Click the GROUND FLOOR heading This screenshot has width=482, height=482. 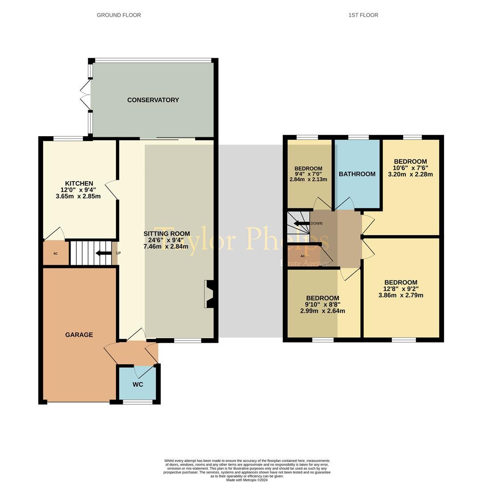[119, 15]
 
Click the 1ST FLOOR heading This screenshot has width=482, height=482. [363, 15]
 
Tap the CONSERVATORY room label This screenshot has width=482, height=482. [153, 100]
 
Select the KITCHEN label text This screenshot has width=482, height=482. [79, 183]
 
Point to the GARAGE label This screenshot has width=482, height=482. [79, 335]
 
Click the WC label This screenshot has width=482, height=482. [138, 385]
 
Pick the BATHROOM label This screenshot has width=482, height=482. [357, 174]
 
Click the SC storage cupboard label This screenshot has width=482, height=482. [56, 253]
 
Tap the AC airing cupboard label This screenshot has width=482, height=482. [303, 256]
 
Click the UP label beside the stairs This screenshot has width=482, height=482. [118, 253]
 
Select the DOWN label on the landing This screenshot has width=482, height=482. [316, 223]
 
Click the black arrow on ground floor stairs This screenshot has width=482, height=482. [103, 253]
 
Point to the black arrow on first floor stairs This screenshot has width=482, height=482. [301, 223]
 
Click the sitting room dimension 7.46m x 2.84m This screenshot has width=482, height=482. [166, 246]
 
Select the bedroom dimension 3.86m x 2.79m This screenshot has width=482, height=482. [401, 295]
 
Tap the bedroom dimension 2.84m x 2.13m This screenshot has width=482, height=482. [308, 179]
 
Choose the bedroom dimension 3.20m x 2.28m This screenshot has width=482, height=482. [410, 175]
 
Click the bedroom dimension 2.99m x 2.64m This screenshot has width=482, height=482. [322, 311]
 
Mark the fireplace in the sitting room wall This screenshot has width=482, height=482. [209, 294]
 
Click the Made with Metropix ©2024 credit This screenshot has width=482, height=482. [247, 480]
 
